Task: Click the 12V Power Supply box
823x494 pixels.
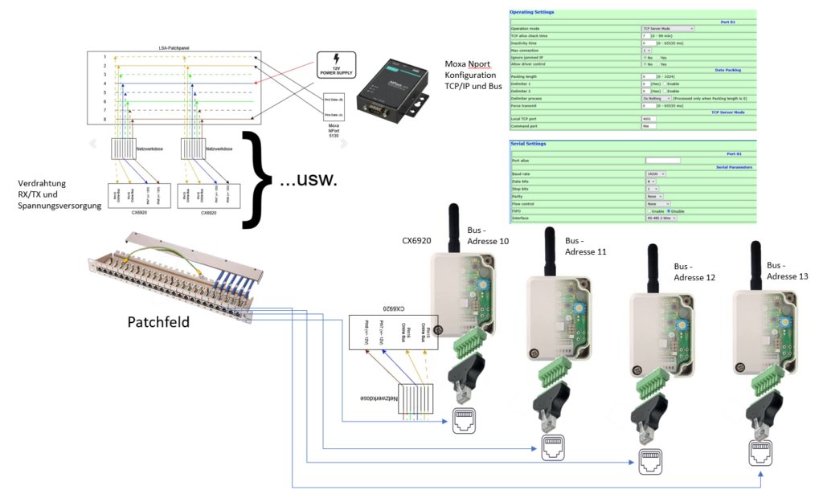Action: (340, 65)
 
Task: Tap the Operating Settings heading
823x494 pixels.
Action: (533, 12)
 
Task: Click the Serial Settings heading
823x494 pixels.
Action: (529, 144)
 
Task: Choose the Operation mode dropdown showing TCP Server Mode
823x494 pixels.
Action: (667, 28)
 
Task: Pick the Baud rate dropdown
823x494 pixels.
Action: (657, 173)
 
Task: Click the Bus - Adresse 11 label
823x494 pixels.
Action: (588, 246)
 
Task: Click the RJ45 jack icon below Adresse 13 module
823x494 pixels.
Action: (762, 453)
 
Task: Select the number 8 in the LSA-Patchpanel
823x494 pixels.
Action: (104, 119)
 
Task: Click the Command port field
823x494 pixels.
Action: (648, 126)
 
